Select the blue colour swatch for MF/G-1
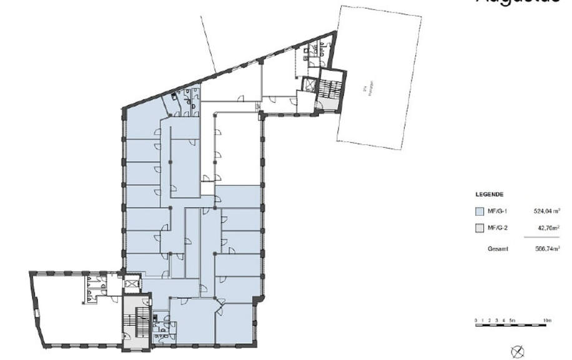click(480, 211)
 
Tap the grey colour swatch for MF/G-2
click(480, 228)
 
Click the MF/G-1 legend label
click(496, 211)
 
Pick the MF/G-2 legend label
click(496, 228)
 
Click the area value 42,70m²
click(548, 228)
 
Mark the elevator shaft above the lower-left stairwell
click(131, 284)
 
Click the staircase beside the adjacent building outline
click(329, 92)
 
